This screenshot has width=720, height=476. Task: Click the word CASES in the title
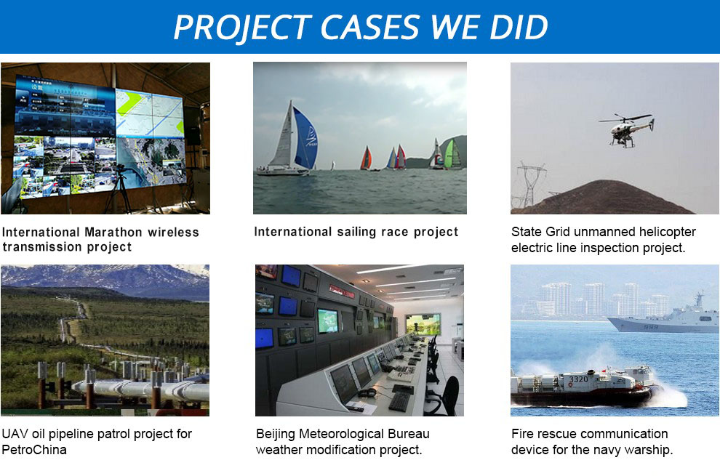click(369, 27)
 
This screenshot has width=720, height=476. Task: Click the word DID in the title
click(519, 27)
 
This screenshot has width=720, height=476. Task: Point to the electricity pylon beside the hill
click(532, 184)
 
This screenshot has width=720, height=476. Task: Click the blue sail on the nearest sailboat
click(304, 139)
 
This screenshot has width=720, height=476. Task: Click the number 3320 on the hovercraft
click(578, 379)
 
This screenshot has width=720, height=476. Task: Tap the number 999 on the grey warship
click(651, 327)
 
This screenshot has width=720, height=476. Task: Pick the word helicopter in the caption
click(668, 233)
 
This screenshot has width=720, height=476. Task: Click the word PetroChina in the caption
click(34, 450)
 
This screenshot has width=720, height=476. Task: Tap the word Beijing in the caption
click(276, 435)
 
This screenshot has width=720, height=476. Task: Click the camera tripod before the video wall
click(120, 189)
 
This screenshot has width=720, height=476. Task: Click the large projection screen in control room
click(423, 324)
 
